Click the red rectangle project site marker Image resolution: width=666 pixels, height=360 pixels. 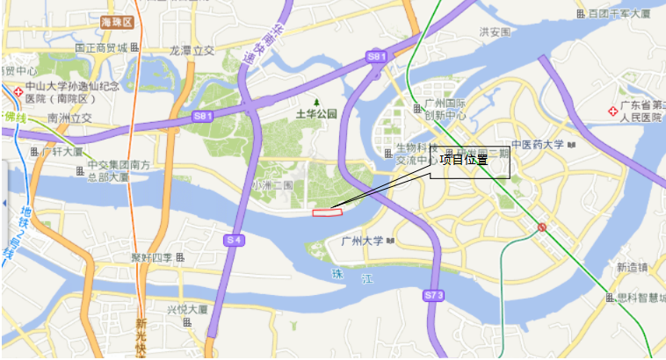327,211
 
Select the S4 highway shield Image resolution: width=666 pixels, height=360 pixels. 234,240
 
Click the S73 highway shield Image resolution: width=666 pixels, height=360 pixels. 433,296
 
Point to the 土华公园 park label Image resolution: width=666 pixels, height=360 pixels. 316,114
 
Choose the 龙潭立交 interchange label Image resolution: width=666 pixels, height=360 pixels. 192,51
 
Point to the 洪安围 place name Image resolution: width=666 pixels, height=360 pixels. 495,32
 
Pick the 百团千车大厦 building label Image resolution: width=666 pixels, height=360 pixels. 619,13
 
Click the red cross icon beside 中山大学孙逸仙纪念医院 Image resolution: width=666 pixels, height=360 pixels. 18,91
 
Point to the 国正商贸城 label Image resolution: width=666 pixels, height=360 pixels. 101,47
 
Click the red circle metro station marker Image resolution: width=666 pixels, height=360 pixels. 542,227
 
